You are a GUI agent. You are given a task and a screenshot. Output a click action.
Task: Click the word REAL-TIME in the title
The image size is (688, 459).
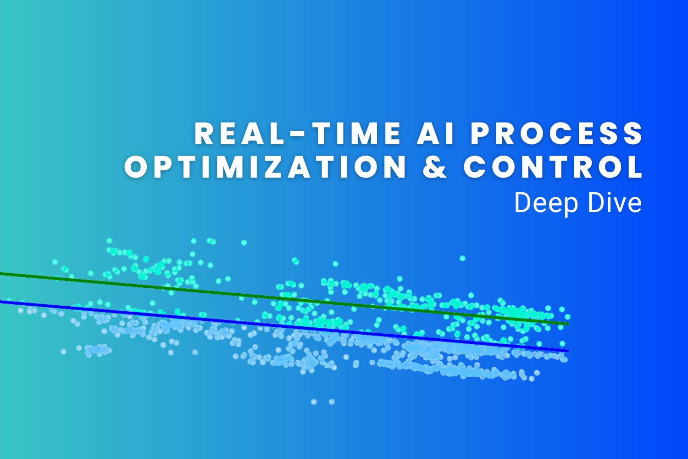298,134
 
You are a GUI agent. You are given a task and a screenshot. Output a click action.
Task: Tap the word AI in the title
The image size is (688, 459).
436,134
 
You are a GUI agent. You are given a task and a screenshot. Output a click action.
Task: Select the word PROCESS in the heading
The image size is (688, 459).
557,134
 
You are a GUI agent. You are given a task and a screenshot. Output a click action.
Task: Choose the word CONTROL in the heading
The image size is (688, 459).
553,167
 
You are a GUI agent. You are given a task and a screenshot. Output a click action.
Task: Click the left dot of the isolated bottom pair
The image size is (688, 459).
314,402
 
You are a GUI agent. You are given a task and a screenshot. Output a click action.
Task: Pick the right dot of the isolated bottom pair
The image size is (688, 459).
332,402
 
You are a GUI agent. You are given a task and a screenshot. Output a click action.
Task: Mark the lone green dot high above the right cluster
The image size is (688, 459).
462,258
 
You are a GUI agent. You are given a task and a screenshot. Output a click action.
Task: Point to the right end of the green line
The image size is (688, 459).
567,324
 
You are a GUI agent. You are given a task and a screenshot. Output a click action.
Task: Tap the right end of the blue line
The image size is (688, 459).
567,351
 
